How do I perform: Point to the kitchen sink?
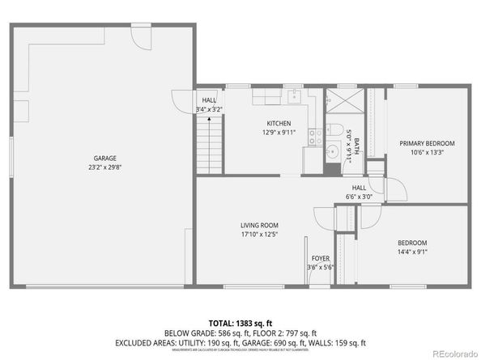(295, 98)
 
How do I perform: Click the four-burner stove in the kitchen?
(315, 136)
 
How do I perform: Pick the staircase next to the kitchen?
(210, 143)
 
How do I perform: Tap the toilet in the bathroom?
(334, 129)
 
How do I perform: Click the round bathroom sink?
(332, 151)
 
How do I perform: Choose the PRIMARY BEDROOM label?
(427, 142)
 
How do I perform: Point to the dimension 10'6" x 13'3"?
(427, 151)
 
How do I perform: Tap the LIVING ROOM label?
(259, 225)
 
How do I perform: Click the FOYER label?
(321, 259)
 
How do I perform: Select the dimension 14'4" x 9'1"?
(412, 251)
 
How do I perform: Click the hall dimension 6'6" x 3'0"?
(360, 196)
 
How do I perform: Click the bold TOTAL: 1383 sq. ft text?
(240, 322)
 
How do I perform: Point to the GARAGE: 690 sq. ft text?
(278, 342)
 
